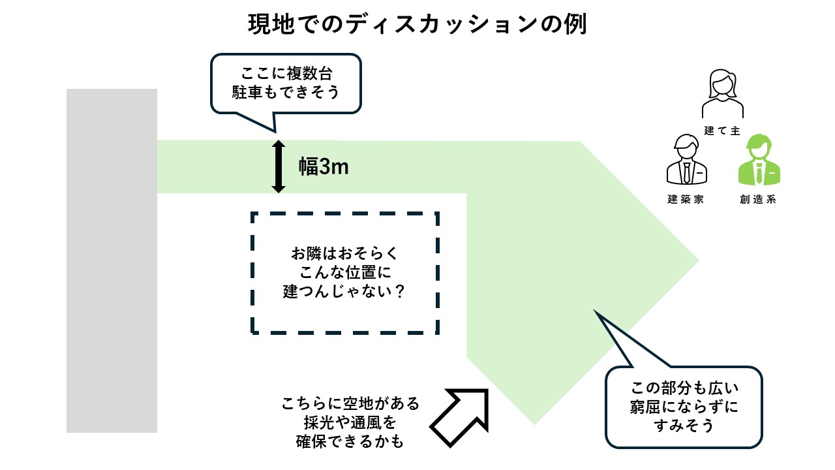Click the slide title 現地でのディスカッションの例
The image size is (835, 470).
(417, 25)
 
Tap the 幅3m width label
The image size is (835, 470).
(324, 167)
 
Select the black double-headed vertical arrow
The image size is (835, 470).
(279, 166)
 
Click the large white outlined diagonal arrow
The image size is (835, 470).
(460, 418)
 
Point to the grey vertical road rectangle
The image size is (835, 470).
(112, 261)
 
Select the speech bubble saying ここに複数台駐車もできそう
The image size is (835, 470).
(286, 84)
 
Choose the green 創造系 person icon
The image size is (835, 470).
(758, 161)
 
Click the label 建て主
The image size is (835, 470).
(722, 131)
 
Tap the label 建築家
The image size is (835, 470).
(686, 200)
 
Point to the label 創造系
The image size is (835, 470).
(758, 200)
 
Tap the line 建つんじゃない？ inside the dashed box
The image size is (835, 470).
(344, 292)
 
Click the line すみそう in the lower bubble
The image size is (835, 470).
(684, 426)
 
